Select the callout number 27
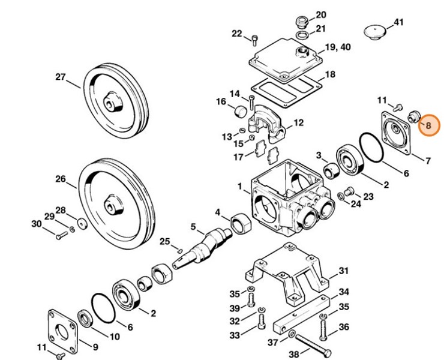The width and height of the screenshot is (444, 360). click(61, 77)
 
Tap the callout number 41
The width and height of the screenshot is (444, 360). click(398, 22)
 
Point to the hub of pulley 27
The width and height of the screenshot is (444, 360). click(113, 101)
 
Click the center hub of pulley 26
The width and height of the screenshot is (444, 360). click(113, 204)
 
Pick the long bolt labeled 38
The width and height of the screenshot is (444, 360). click(313, 345)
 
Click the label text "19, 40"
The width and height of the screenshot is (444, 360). click(338, 47)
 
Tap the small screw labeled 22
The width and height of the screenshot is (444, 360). click(254, 41)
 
